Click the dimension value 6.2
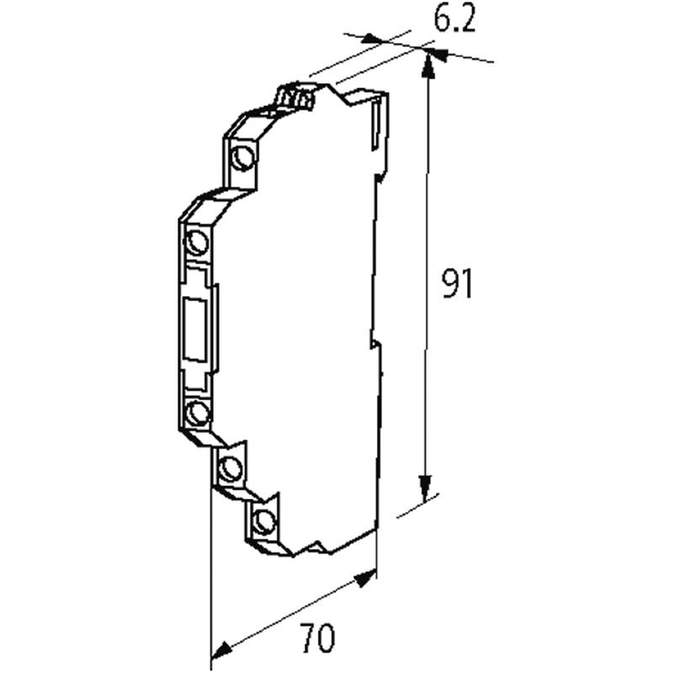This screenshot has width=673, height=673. click(454, 19)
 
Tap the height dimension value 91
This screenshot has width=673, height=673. click(458, 284)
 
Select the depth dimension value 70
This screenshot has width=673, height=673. click(319, 638)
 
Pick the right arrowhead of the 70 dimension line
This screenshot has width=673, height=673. click(366, 578)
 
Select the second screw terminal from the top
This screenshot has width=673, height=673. click(198, 241)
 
